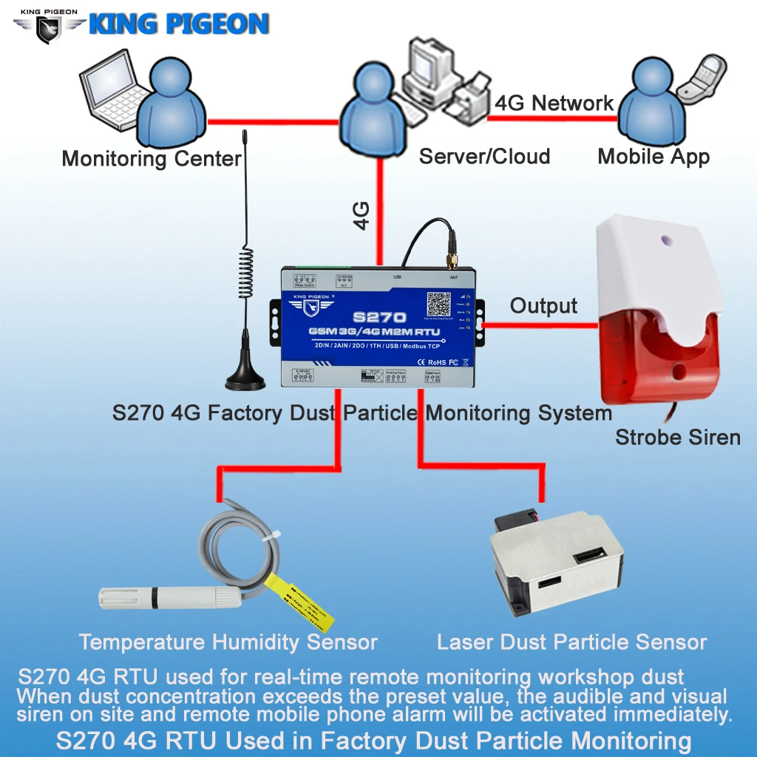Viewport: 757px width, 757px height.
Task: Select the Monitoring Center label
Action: pos(152,158)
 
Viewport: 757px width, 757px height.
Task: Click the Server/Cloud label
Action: pos(484,157)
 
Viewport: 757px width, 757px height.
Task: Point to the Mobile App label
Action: pos(654,157)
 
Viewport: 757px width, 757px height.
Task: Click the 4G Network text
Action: pos(554,103)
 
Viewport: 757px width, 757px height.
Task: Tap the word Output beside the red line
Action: pos(543,306)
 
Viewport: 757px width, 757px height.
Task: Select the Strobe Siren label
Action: pos(677,437)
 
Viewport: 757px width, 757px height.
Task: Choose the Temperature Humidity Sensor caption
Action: pos(228,642)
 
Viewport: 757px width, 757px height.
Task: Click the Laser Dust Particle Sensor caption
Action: pos(571,642)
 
